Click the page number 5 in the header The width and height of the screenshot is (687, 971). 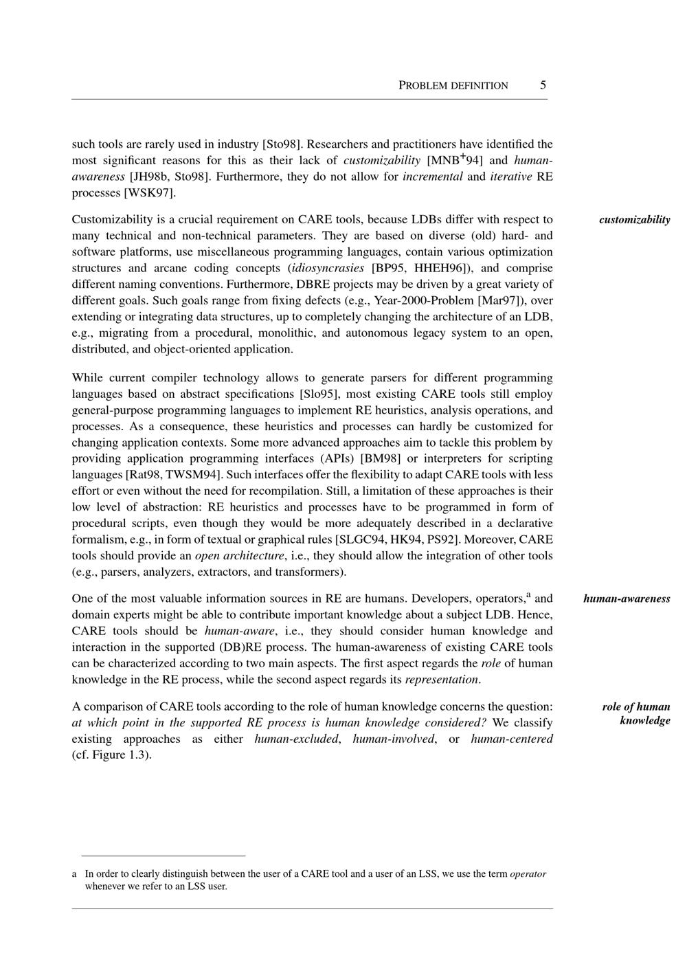(543, 85)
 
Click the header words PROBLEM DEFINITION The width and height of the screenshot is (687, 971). (453, 86)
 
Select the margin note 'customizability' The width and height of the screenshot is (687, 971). (634, 220)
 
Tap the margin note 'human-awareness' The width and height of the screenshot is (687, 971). (627, 599)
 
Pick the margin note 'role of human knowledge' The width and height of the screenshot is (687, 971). (636, 713)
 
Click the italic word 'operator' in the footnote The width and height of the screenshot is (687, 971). (528, 874)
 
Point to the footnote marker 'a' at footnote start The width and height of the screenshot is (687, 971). (74, 874)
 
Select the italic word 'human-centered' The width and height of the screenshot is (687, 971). (512, 739)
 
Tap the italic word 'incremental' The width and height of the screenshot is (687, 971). (432, 177)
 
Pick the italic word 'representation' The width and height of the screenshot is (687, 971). (441, 680)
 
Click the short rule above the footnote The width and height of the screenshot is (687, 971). (163, 856)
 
